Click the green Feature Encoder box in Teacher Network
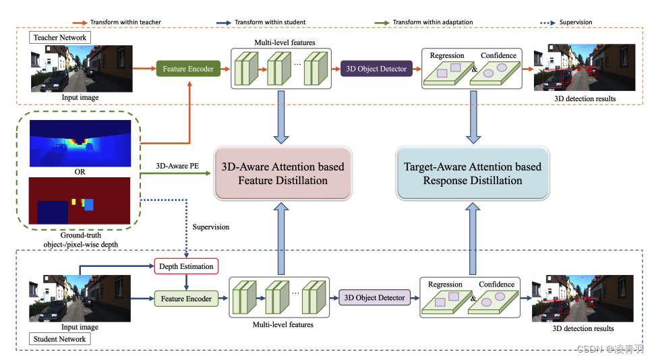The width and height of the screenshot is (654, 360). click(187, 69)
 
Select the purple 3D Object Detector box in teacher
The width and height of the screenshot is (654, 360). click(376, 69)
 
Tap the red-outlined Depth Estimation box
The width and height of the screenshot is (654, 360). click(186, 266)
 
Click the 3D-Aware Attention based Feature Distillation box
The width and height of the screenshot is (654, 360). click(283, 173)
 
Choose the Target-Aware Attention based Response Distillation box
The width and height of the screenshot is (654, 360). click(472, 173)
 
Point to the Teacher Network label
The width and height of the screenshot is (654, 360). click(60, 38)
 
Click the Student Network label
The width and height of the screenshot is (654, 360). click(60, 339)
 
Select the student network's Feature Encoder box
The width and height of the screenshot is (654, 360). click(186, 298)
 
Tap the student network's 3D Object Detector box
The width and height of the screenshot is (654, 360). click(375, 297)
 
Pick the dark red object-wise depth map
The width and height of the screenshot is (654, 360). click(80, 200)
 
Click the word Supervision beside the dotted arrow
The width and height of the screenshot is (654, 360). click(210, 227)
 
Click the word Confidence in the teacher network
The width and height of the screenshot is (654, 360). click(498, 55)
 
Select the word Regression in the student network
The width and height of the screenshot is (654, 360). click(445, 284)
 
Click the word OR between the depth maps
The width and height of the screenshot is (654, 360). click(80, 171)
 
